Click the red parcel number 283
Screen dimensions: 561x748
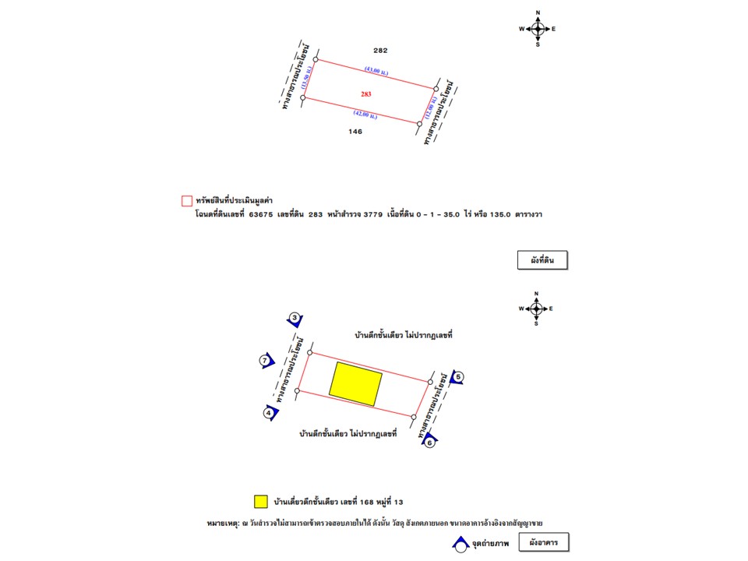point(365,93)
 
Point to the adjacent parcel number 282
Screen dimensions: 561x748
point(380,51)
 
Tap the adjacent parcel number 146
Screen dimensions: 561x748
point(355,132)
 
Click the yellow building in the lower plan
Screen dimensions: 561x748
point(355,383)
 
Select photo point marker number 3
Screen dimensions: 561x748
point(295,318)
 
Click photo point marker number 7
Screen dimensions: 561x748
point(265,361)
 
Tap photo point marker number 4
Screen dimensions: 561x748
point(269,413)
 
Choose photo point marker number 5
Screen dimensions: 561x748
point(458,378)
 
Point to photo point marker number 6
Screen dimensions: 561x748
point(429,443)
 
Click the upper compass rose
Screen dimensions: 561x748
point(537,29)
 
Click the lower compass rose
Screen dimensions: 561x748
point(536,309)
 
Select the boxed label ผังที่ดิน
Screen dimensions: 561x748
point(542,260)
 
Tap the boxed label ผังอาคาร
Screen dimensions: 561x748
point(543,542)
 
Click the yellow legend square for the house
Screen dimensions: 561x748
point(261,501)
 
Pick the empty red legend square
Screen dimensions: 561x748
point(187,201)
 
